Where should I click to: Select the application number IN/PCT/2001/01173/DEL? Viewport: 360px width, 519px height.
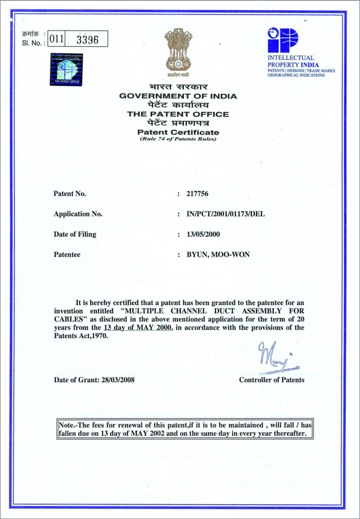pyautogui.click(x=225, y=214)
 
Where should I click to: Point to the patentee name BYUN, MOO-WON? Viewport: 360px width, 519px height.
pyautogui.click(x=218, y=255)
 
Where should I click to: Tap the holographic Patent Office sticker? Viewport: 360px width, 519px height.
pyautogui.click(x=66, y=69)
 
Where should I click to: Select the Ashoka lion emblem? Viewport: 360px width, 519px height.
pyautogui.click(x=178, y=51)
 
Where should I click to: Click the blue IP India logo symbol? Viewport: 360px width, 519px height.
pyautogui.click(x=283, y=40)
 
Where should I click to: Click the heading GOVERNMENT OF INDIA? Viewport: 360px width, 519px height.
pyautogui.click(x=178, y=96)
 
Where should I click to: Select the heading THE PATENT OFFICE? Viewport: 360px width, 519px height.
pyautogui.click(x=178, y=114)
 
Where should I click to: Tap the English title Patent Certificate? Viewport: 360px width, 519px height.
pyautogui.click(x=178, y=132)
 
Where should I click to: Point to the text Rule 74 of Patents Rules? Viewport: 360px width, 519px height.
pyautogui.click(x=178, y=139)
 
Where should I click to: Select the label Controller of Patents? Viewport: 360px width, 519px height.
pyautogui.click(x=271, y=380)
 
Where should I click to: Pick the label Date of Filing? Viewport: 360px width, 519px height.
pyautogui.click(x=75, y=234)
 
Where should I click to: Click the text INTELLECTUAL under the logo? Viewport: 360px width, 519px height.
pyautogui.click(x=291, y=58)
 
